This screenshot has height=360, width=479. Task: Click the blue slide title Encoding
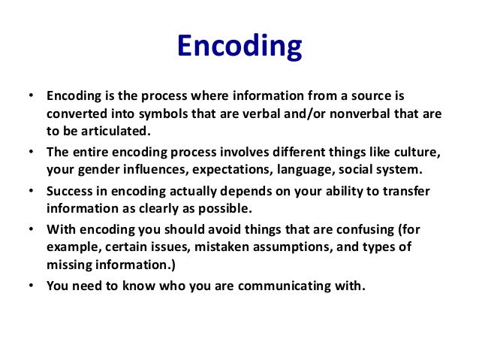pos(239,47)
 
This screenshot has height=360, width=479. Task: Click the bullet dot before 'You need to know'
pos(30,286)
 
